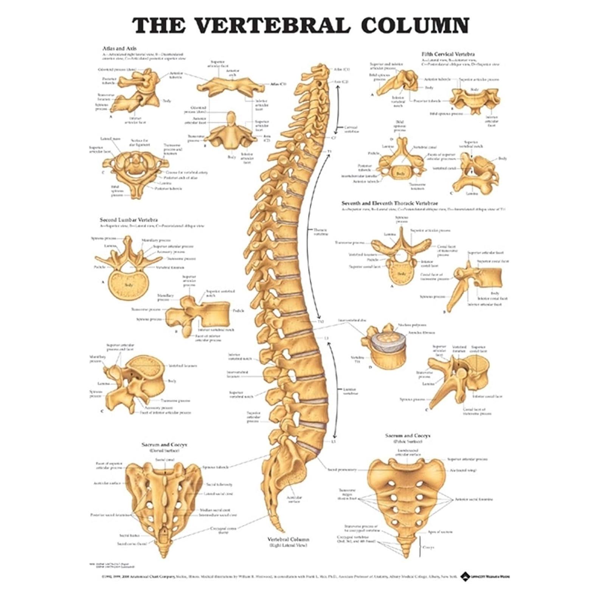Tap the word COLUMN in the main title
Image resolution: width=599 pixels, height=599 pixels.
point(415,25)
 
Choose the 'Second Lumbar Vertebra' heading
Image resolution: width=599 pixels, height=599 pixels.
point(129,220)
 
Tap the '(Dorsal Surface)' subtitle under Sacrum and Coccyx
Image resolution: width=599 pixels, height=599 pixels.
point(164,451)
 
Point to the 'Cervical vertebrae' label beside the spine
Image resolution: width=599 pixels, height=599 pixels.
point(351,129)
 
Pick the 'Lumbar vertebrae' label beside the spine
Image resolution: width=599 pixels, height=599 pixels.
point(351,391)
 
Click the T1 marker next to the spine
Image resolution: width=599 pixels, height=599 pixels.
point(329,151)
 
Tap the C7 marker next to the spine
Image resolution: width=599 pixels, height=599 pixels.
point(334,138)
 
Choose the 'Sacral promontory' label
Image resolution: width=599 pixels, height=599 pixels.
point(342,470)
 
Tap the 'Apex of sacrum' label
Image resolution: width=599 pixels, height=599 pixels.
point(440,532)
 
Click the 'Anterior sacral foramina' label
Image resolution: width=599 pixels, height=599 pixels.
point(474,499)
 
